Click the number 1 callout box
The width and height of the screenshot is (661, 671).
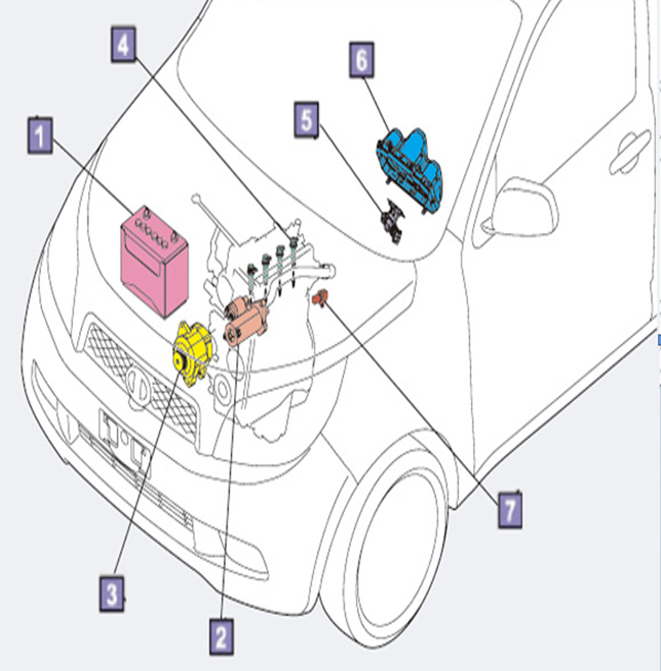click(40, 136)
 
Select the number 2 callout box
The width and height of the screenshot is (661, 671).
click(222, 636)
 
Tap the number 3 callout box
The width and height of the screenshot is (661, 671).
click(112, 593)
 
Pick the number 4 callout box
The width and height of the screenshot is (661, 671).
click(123, 45)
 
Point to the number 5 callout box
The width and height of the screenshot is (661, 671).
click(306, 120)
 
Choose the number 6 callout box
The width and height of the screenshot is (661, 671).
click(362, 59)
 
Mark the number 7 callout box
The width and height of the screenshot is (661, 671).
click(510, 510)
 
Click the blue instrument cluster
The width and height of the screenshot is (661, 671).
click(410, 168)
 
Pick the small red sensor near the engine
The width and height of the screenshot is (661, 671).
click(320, 297)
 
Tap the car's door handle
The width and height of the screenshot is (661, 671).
click(630, 152)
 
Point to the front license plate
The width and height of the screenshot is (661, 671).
click(125, 443)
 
